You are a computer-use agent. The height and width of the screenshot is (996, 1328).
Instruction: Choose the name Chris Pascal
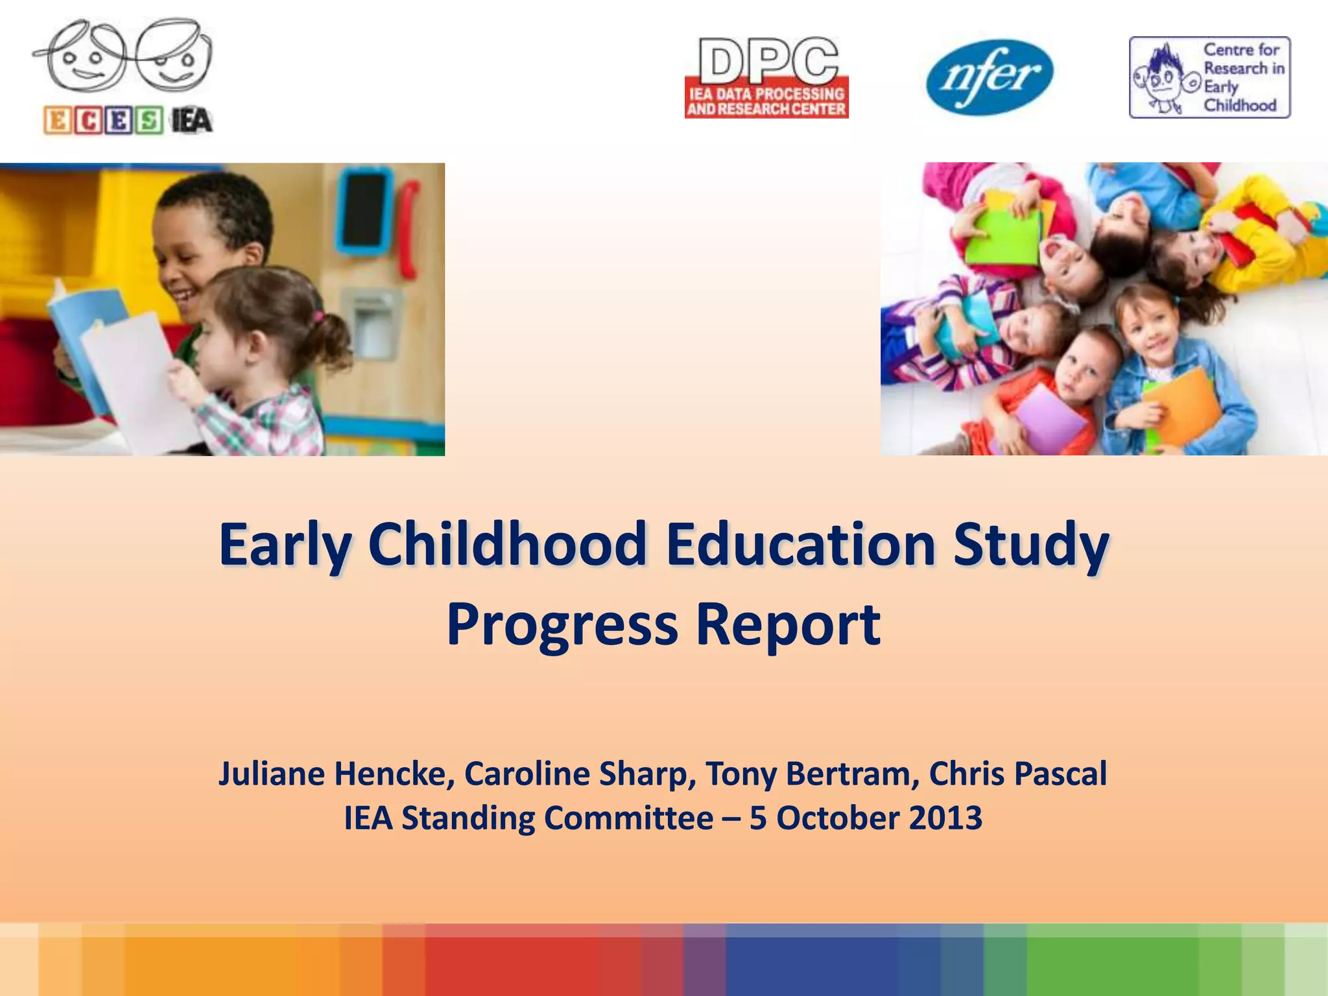(1018, 774)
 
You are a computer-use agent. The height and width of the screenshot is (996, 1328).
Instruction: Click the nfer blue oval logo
(990, 77)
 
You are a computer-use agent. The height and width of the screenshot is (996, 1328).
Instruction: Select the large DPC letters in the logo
(767, 62)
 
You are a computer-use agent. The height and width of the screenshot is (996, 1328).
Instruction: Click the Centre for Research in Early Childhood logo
(1209, 77)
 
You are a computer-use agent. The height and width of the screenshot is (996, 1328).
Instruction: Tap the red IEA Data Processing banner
(766, 101)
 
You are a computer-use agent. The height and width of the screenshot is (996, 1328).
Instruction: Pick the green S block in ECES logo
(149, 121)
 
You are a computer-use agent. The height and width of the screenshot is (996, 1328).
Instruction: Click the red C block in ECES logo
(88, 121)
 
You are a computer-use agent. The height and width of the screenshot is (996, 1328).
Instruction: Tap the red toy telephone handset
(408, 227)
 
